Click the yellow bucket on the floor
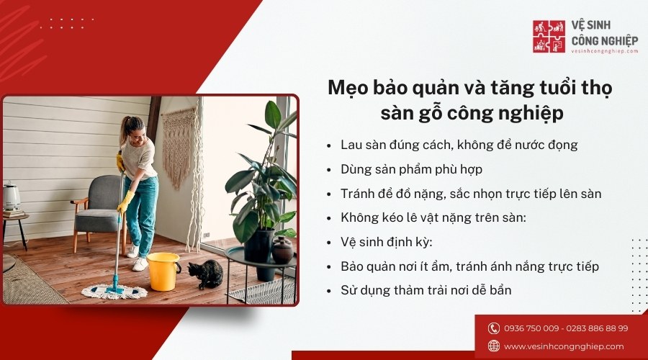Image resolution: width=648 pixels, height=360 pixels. [x=163, y=271]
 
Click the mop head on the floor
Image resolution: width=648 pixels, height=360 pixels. [x=114, y=292]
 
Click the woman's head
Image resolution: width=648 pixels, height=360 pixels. [x=135, y=130]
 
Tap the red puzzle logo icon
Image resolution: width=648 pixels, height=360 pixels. [x=549, y=36]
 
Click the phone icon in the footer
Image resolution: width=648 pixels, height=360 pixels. [x=494, y=328]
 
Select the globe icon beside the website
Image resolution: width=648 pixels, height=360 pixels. [x=494, y=346]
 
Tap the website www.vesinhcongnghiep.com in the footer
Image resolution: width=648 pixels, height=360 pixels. [x=564, y=346]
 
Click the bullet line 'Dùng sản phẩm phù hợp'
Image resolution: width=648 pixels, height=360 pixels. [x=411, y=169]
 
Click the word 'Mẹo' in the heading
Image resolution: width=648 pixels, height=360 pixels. [x=345, y=87]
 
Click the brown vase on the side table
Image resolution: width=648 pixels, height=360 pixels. [x=283, y=250]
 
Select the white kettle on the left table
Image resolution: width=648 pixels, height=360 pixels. [x=12, y=197]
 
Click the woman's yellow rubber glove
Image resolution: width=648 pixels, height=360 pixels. [x=124, y=203]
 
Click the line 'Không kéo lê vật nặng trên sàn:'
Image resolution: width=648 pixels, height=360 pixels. [x=433, y=217]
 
